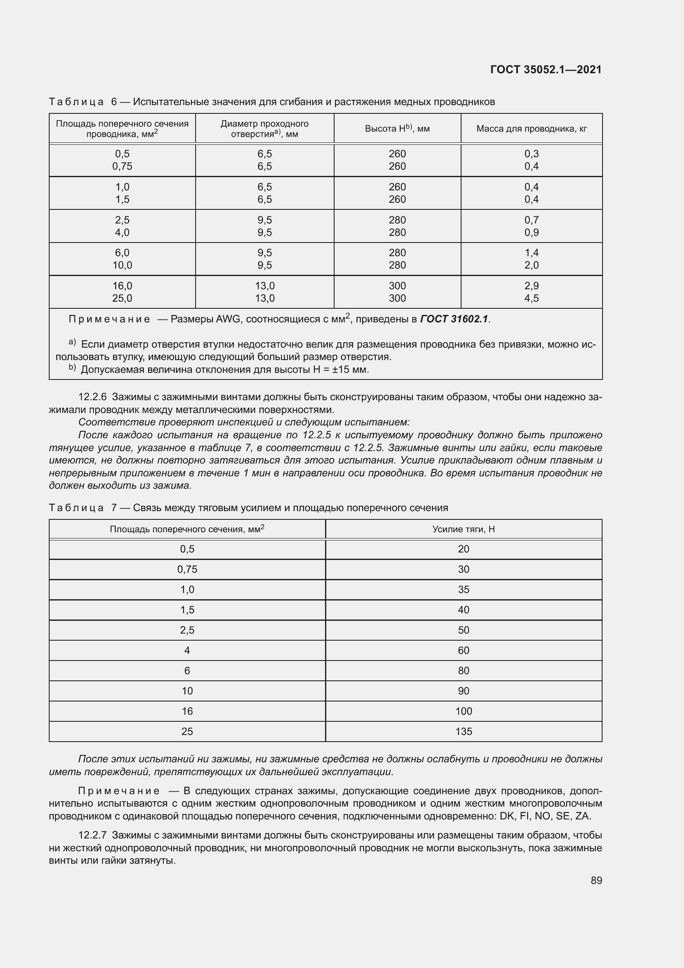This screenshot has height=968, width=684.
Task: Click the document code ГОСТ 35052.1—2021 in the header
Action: (x=546, y=70)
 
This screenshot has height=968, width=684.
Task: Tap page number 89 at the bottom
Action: (x=596, y=880)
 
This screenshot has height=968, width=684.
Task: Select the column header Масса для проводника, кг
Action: (x=531, y=129)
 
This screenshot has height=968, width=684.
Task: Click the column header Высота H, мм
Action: (x=397, y=129)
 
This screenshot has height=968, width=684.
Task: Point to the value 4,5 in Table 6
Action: (x=531, y=298)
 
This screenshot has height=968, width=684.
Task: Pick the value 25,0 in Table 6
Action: (x=122, y=298)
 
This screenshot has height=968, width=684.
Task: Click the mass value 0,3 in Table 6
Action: (x=531, y=154)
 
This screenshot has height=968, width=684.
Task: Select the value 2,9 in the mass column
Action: (x=531, y=286)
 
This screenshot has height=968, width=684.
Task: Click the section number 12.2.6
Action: (x=93, y=397)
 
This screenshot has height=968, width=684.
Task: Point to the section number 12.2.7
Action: (x=93, y=835)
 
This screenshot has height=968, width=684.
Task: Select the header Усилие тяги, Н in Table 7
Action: (x=463, y=529)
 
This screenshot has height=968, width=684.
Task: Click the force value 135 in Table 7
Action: (x=463, y=731)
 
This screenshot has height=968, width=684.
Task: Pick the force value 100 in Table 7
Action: (x=463, y=711)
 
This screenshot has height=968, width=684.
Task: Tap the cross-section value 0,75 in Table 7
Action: (x=187, y=569)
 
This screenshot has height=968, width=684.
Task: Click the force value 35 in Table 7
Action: (x=463, y=590)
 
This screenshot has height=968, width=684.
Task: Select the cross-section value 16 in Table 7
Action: (x=187, y=711)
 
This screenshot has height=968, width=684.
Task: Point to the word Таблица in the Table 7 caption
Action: (x=76, y=508)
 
